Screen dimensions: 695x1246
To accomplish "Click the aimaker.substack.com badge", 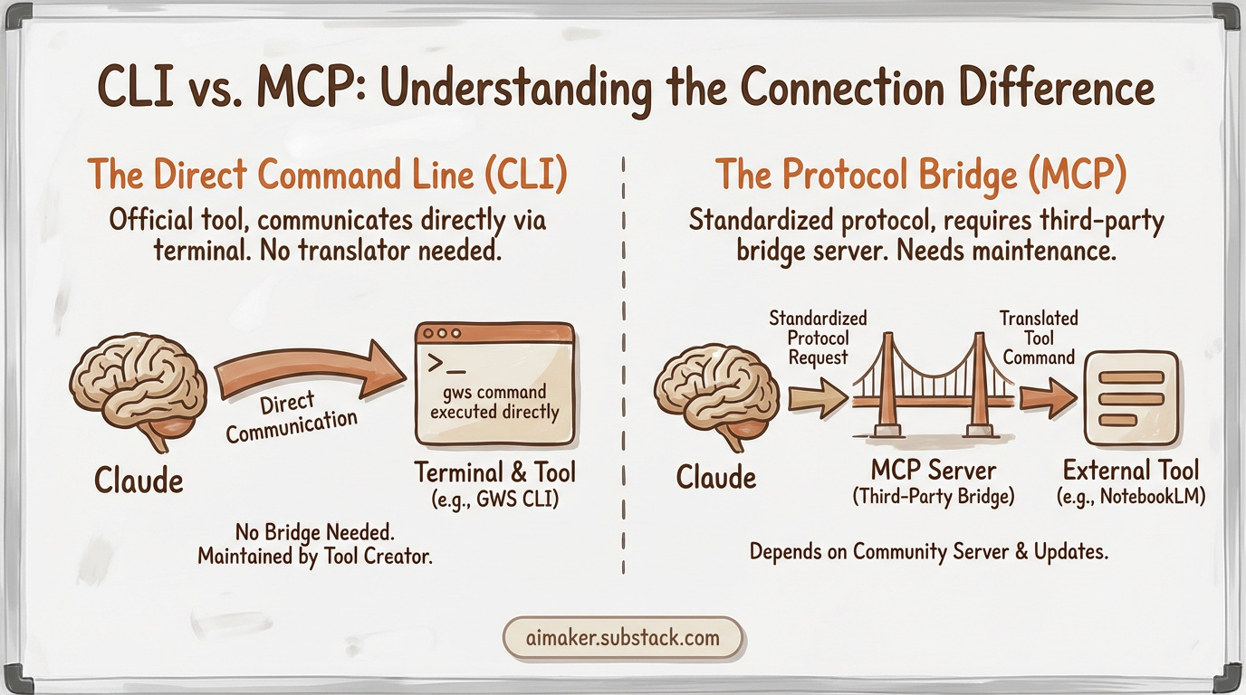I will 622,638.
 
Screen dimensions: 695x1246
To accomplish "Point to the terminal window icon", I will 494,384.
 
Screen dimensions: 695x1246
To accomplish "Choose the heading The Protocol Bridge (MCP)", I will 921,175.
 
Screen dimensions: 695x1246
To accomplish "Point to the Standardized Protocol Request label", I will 818,338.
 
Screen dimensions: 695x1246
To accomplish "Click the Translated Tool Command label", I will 1038,338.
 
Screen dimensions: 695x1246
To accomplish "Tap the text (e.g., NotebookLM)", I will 1130,498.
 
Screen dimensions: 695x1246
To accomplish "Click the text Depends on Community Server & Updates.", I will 928,550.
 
